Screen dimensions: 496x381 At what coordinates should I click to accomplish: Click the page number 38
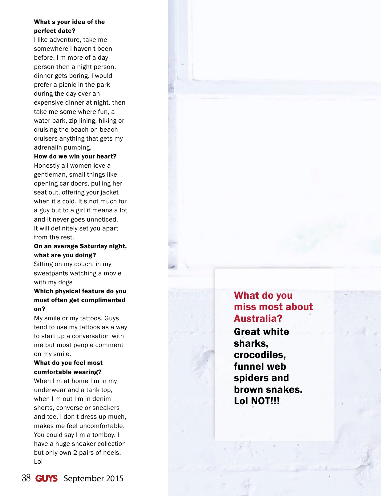[x=26, y=478]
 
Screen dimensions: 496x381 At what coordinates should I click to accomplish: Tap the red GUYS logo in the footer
[x=47, y=478]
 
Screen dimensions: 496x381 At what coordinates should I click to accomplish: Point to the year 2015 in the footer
[x=115, y=478]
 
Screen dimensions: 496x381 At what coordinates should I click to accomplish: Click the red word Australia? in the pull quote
[x=258, y=318]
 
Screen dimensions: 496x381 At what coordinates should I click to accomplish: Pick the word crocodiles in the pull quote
[x=259, y=355]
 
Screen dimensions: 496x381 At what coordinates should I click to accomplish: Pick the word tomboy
[x=100, y=435]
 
